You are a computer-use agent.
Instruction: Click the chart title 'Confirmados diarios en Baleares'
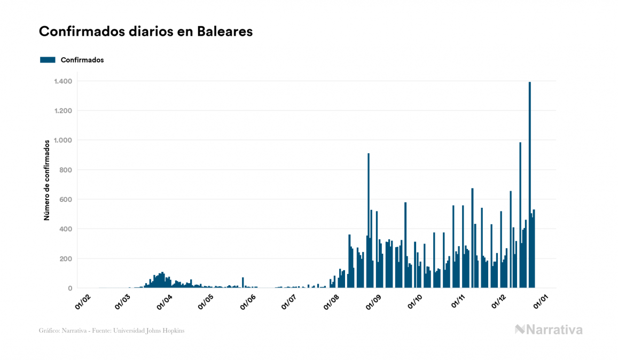(146, 32)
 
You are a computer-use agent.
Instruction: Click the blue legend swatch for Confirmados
(48, 60)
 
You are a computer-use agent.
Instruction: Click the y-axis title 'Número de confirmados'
(47, 181)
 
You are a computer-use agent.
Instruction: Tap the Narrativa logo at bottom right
(549, 330)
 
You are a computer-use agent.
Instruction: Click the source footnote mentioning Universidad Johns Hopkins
(112, 331)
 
